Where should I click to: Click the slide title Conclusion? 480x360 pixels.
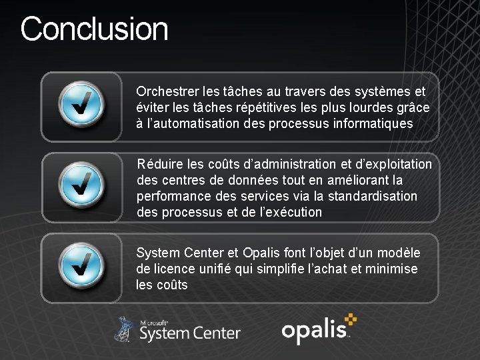pos(94,29)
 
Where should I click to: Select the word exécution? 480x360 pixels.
pos(291,213)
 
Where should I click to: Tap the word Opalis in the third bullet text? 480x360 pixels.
pos(261,253)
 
